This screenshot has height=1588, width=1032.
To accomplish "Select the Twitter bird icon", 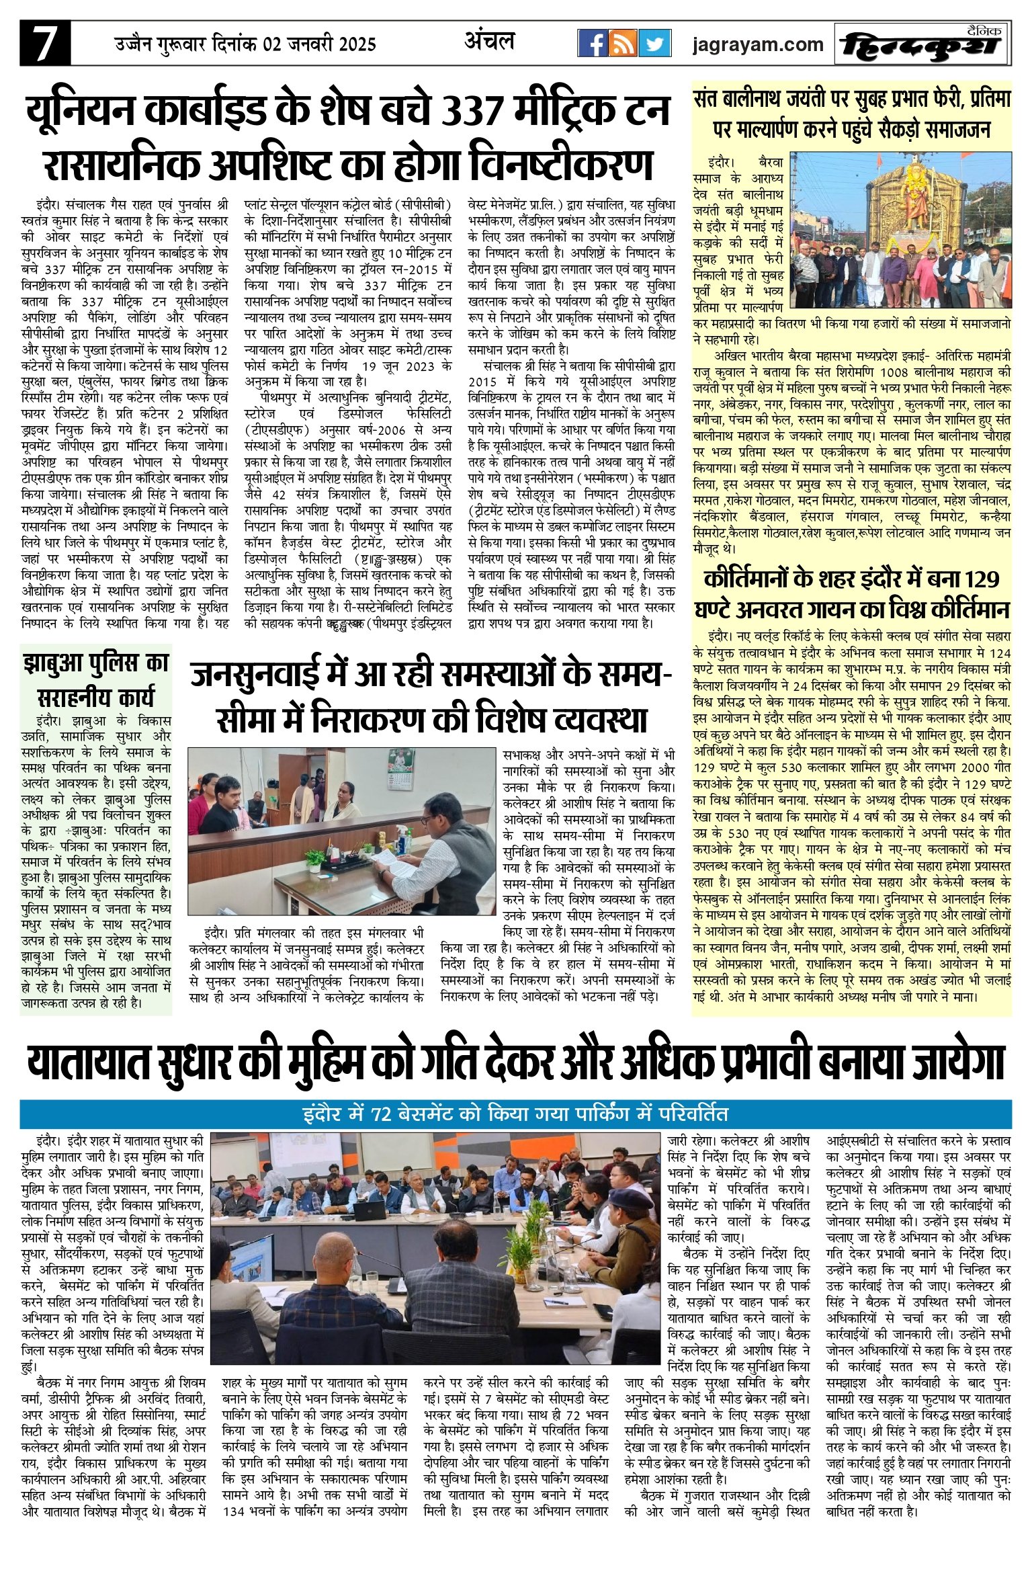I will click(x=654, y=44).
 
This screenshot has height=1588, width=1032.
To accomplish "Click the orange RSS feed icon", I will click(x=623, y=44).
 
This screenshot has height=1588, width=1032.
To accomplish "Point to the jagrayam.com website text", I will click(x=757, y=44).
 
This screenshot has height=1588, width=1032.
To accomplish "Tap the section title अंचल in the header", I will click(x=489, y=42).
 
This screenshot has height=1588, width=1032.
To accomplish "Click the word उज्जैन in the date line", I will click(x=134, y=44).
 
